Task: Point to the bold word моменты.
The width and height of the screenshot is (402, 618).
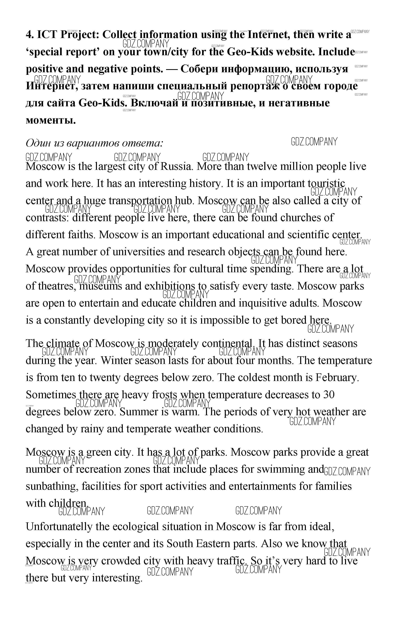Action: coord(51,120)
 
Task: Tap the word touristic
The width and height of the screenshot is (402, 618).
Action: coord(326,183)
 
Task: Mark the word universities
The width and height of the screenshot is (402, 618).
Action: coord(139,252)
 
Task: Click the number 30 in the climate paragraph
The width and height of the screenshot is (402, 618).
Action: coord(329,395)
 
